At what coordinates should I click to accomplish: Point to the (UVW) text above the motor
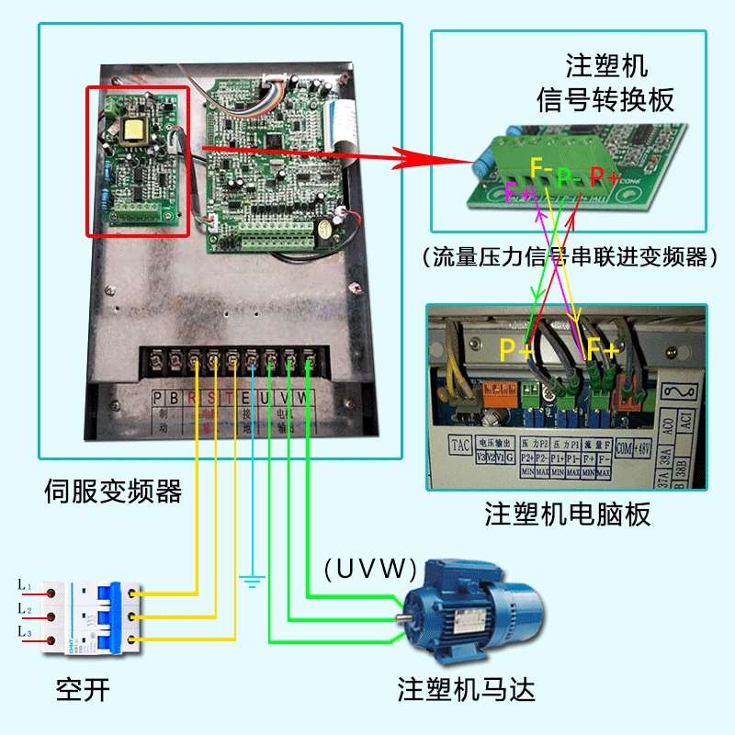(369, 568)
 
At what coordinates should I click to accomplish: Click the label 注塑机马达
(466, 688)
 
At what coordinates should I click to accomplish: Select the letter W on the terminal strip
(308, 398)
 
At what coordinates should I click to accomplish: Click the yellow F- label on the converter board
(541, 168)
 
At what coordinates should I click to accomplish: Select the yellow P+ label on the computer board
(515, 350)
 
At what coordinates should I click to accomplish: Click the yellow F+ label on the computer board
(604, 350)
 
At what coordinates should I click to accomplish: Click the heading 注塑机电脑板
(567, 514)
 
